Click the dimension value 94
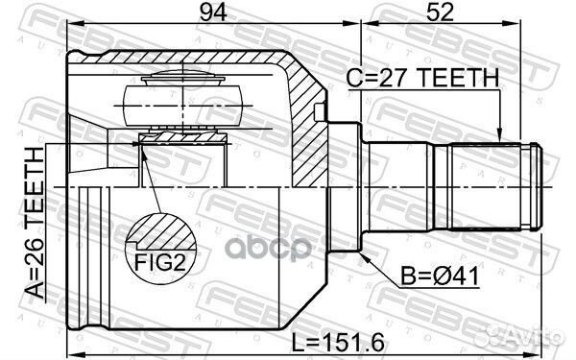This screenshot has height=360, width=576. (x=213, y=12)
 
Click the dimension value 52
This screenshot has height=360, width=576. (x=440, y=12)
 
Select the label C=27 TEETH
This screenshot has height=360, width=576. (x=423, y=78)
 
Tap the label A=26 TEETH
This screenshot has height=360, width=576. (x=35, y=223)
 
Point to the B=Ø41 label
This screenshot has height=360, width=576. (x=440, y=276)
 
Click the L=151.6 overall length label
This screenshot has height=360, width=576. (x=338, y=342)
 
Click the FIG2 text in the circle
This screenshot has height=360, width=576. (x=160, y=262)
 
